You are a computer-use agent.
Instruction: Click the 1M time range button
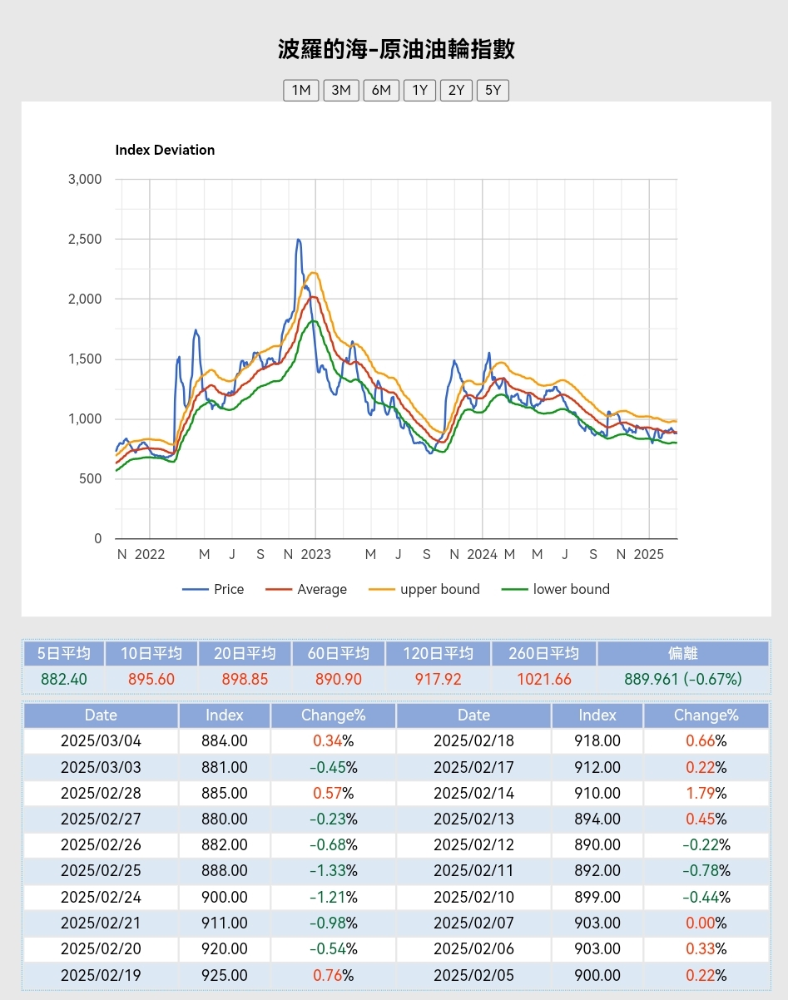pos(301,90)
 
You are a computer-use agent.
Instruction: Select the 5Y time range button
pos(493,90)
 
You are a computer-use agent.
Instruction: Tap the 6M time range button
pos(381,90)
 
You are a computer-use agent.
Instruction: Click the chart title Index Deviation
pos(165,150)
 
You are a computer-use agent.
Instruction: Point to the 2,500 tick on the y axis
pos(84,240)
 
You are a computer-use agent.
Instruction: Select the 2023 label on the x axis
pos(315,554)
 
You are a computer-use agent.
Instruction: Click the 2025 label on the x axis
pos(648,554)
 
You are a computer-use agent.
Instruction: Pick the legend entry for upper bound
pos(439,589)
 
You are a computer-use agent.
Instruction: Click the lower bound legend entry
pos(571,589)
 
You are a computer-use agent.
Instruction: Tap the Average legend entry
pos(321,589)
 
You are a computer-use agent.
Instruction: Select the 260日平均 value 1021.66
pos(544,679)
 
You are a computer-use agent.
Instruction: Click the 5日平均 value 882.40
pos(64,679)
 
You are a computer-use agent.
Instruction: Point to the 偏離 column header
pos(682,653)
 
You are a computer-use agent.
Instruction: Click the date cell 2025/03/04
pos(101,740)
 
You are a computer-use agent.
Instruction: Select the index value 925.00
pos(225,975)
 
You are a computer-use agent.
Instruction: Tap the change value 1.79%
pos(706,793)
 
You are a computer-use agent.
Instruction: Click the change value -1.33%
pos(333,871)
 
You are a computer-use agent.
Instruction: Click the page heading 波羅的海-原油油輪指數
pos(396,48)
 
